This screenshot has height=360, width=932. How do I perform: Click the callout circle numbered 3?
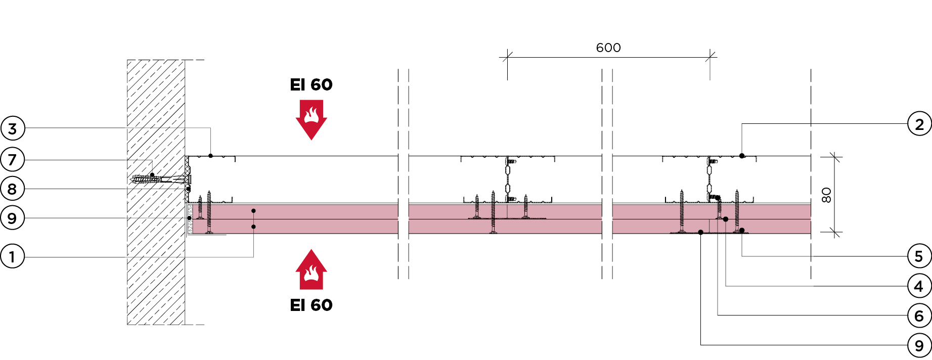tap(13, 128)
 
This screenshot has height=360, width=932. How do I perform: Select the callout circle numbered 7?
tap(13, 160)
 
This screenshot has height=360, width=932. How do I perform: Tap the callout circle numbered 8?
tap(13, 189)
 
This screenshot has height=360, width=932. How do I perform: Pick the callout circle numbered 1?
tap(13, 257)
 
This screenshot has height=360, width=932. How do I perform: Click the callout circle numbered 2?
tap(919, 124)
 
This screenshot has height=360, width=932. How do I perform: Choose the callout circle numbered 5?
tap(919, 256)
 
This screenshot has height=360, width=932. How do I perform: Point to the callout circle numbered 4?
tap(919, 286)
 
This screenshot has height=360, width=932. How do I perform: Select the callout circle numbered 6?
tap(919, 316)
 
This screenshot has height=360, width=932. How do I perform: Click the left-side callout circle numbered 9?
tap(13, 218)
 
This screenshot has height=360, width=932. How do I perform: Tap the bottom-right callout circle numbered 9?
tap(919, 345)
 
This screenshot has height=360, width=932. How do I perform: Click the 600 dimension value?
tap(608, 48)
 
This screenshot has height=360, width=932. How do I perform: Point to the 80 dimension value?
tap(826, 195)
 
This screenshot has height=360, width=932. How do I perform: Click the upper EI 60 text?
tap(311, 85)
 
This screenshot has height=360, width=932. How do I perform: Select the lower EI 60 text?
tap(311, 305)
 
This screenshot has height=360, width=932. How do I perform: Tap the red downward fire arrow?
tap(311, 119)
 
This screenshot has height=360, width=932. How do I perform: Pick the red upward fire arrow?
tap(311, 269)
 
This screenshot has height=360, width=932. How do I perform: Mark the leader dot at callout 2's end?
tap(742, 156)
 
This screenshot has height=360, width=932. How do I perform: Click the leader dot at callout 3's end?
tap(210, 156)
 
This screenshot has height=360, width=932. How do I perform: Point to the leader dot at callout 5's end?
tap(742, 231)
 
